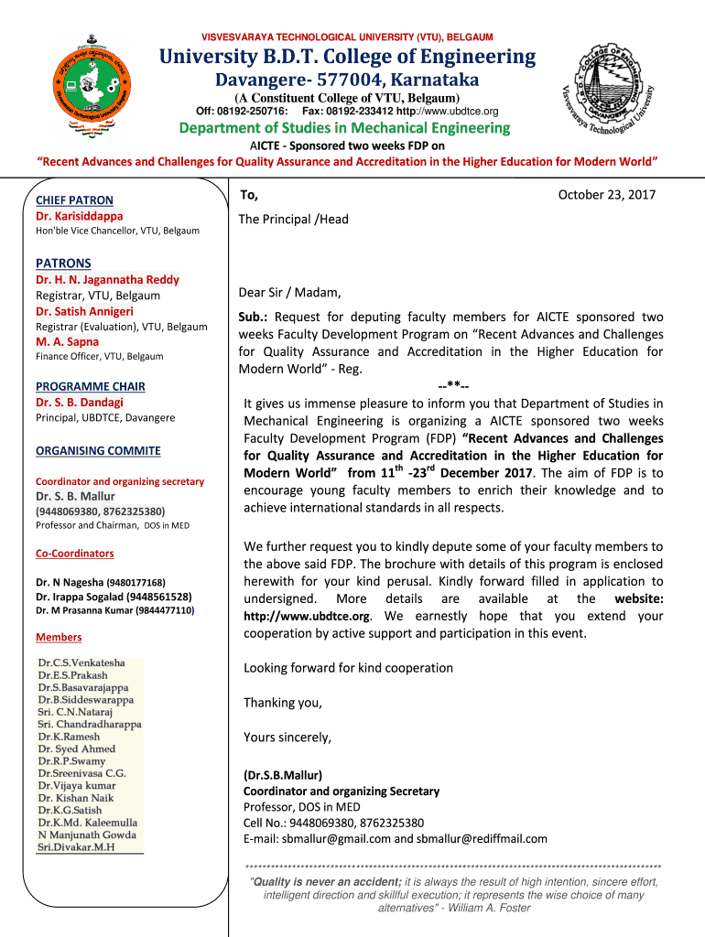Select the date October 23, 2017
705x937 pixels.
pos(607,196)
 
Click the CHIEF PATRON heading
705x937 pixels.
pos(74,200)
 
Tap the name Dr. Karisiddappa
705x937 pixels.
pos(79,216)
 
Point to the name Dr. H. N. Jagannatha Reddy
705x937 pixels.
pos(107,280)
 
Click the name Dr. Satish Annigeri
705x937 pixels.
pos(84,311)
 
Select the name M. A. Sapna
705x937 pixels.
pos(67,341)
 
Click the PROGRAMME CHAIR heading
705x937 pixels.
pos(90,387)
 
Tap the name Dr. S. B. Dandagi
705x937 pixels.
pos(79,402)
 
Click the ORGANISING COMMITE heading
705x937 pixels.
pos(98,451)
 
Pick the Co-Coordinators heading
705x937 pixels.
pos(74,554)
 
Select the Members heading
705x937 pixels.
pos(59,638)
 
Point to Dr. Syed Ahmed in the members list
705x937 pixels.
pos(77,749)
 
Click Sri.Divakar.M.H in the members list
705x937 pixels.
pos(76,847)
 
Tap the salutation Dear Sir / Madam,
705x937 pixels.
pos(289,293)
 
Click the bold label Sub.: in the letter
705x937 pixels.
pos(254,317)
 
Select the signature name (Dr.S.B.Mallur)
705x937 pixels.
pos(283,775)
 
